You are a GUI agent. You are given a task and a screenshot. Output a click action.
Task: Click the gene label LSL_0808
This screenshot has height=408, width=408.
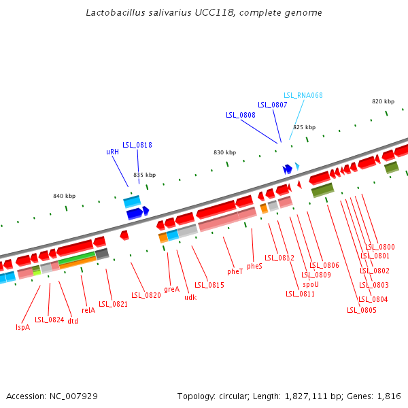click(241, 115)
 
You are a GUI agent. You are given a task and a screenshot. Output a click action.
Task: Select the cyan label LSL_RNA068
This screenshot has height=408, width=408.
click(303, 95)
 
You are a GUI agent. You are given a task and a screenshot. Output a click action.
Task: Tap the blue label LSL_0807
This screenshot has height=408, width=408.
click(272, 105)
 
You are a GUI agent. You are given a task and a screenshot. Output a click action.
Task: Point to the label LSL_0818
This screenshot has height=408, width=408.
click(137, 145)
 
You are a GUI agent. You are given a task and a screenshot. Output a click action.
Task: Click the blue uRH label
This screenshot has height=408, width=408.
click(112, 152)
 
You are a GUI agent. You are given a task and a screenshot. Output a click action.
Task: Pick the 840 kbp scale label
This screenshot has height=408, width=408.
click(64, 196)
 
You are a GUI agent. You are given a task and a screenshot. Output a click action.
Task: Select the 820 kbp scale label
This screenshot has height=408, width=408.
click(383, 101)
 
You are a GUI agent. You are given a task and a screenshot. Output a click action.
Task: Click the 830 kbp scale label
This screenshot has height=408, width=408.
click(224, 152)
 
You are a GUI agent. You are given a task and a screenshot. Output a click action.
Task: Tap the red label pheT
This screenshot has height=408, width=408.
click(235, 271)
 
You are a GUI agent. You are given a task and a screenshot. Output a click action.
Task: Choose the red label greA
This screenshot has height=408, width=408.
click(171, 289)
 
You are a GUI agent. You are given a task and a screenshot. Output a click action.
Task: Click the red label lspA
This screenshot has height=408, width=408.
click(22, 327)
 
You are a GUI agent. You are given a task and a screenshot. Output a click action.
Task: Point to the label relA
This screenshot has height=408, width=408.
click(88, 310)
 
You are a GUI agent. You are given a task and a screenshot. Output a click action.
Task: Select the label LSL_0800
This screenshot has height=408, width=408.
click(380, 247)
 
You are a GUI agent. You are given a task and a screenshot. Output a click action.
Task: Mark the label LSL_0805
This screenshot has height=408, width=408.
click(361, 310)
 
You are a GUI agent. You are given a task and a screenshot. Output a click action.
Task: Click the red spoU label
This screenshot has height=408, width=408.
click(311, 284)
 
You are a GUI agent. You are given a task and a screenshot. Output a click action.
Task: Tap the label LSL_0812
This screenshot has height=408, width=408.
click(279, 258)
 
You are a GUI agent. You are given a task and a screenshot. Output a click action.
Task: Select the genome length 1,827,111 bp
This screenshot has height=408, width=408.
click(313, 396)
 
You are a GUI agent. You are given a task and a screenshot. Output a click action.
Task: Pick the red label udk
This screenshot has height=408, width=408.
click(190, 296)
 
